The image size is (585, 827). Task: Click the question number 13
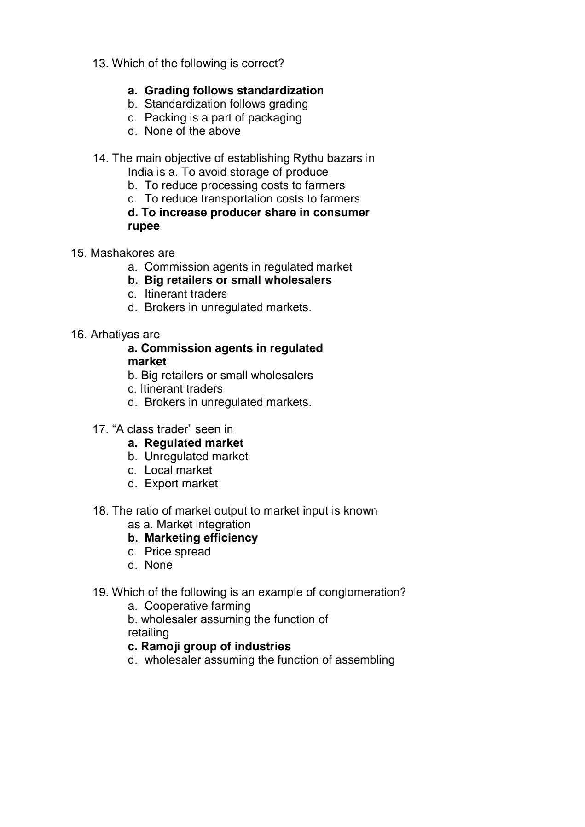click(100, 64)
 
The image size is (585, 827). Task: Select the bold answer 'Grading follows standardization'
click(234, 91)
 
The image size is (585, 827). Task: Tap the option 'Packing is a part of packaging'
click(223, 118)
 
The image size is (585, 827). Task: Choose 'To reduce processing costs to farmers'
click(244, 185)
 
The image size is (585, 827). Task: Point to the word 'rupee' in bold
click(144, 226)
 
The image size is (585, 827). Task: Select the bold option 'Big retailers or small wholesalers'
click(237, 280)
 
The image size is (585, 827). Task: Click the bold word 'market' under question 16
click(147, 362)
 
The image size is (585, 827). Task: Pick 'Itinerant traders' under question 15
click(185, 294)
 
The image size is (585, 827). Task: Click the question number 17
click(100, 429)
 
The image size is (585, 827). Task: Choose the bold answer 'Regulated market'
click(194, 443)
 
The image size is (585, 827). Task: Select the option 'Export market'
click(181, 484)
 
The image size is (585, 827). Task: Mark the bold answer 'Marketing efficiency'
click(201, 538)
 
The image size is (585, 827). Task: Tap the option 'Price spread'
click(177, 552)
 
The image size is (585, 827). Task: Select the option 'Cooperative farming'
click(197, 606)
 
